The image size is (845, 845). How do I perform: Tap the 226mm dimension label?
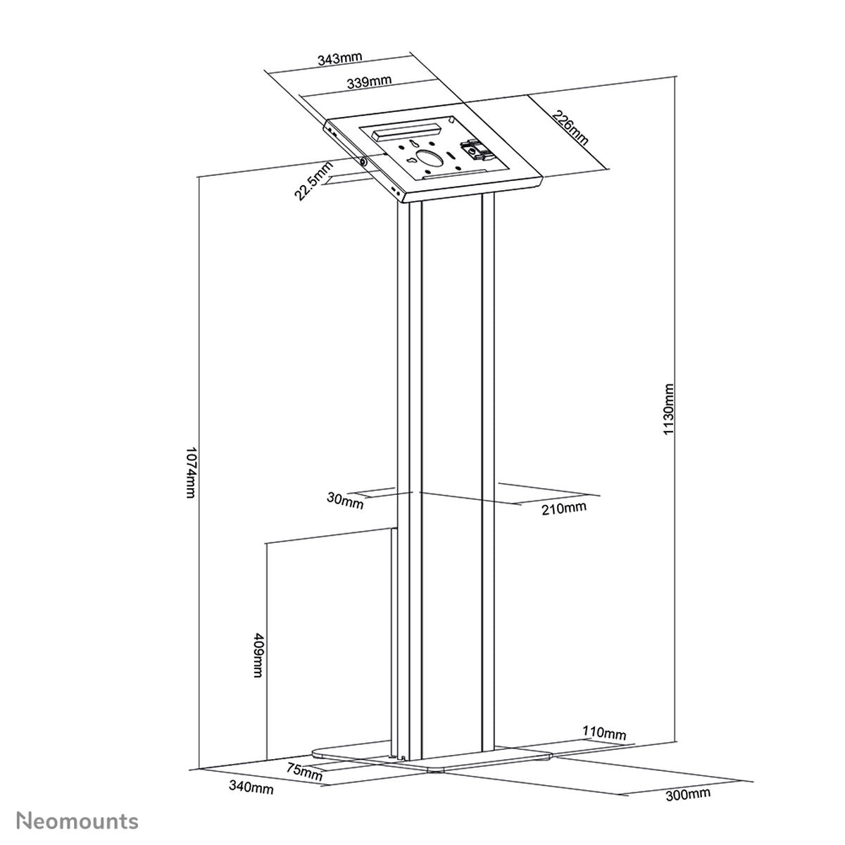pyautogui.click(x=570, y=128)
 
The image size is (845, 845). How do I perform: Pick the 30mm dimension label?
pyautogui.click(x=345, y=501)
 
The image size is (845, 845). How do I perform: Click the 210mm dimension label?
pyautogui.click(x=564, y=508)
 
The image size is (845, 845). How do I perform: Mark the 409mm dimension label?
pyautogui.click(x=258, y=655)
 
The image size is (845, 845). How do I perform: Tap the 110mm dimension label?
pyautogui.click(x=603, y=734)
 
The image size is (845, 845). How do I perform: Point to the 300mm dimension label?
pyautogui.click(x=688, y=796)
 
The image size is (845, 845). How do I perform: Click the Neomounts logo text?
pyautogui.click(x=77, y=820)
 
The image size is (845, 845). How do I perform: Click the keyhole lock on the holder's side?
pyautogui.click(x=363, y=161)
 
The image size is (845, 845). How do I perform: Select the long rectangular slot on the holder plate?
pyautogui.click(x=401, y=131)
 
